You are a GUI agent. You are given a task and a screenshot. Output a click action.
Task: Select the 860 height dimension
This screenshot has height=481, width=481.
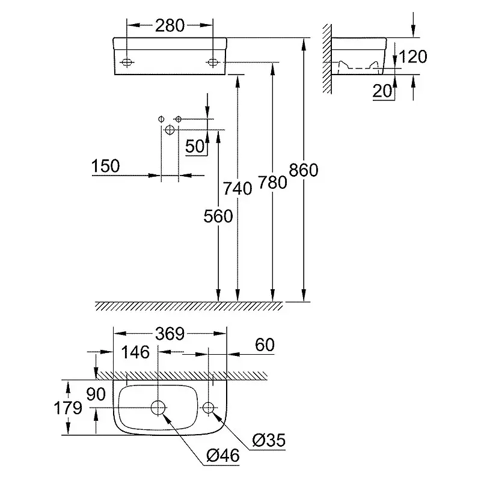(303, 170)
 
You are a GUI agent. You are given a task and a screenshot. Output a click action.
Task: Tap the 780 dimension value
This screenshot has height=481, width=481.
(272, 182)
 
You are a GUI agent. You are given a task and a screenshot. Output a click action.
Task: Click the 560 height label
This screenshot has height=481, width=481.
(218, 216)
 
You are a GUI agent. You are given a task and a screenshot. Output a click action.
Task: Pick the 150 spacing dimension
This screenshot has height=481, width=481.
(106, 165)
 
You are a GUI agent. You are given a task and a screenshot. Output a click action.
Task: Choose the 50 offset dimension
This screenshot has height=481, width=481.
(194, 146)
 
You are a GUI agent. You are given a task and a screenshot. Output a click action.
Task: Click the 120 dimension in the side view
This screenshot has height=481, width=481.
(412, 57)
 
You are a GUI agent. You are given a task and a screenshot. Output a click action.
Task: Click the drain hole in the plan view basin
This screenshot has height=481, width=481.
(158, 408)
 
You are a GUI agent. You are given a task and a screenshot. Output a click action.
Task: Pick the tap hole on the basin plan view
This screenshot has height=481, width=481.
(208, 408)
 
